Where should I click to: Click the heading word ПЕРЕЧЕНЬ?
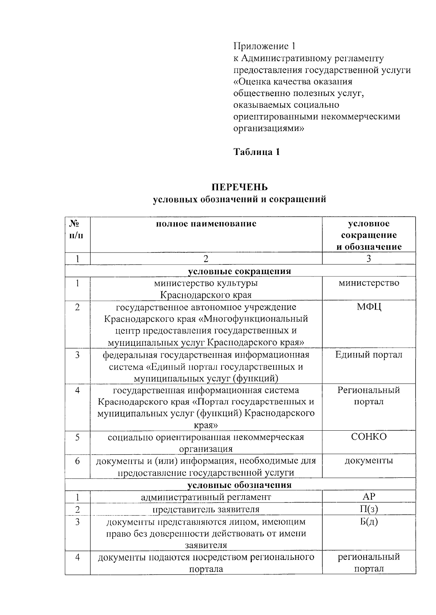point(240,187)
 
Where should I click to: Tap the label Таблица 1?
point(257,152)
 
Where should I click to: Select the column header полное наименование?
point(206,224)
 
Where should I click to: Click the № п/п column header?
point(77,229)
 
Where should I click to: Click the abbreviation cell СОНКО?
point(369,436)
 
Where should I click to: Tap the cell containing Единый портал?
point(369,354)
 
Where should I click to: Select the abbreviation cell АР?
point(369,496)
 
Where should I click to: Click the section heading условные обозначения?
point(240,485)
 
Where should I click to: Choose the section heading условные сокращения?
point(240,271)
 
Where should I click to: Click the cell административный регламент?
point(206,497)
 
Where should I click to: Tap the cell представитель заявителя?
point(206,509)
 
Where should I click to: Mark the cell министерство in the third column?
point(369,283)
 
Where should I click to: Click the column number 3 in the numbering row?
point(369,258)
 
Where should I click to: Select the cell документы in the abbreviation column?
point(369,460)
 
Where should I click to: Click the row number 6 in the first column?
point(77,461)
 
